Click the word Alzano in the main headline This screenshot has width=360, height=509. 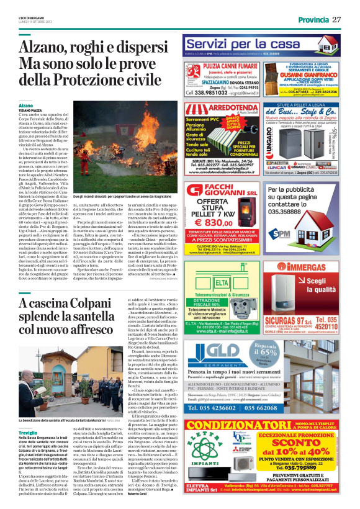click(x=43, y=48)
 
